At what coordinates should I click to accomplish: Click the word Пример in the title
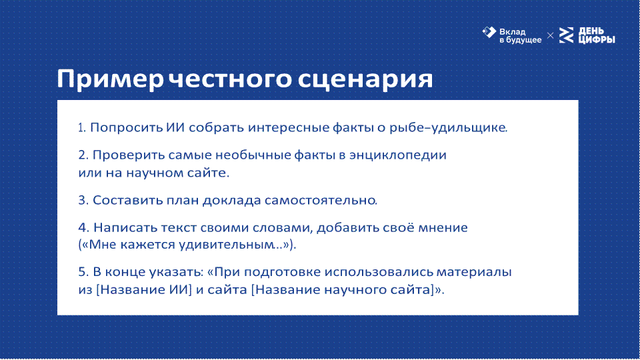(110, 79)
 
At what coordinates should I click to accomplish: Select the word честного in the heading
(230, 79)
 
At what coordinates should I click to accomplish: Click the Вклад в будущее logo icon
(489, 32)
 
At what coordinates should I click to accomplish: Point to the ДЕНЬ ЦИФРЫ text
(597, 35)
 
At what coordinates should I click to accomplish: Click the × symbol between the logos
(550, 36)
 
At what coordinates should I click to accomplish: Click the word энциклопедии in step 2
(398, 155)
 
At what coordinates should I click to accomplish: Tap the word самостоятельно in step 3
(321, 201)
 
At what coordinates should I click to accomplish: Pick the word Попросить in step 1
(126, 128)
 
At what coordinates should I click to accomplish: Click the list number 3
(83, 201)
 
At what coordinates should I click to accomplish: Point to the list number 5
(83, 272)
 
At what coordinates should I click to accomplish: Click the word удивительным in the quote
(231, 245)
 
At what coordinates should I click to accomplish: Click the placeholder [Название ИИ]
(144, 290)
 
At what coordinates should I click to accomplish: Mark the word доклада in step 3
(232, 201)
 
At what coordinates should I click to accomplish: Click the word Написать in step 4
(125, 228)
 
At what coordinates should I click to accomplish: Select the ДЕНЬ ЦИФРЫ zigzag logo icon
(566, 35)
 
